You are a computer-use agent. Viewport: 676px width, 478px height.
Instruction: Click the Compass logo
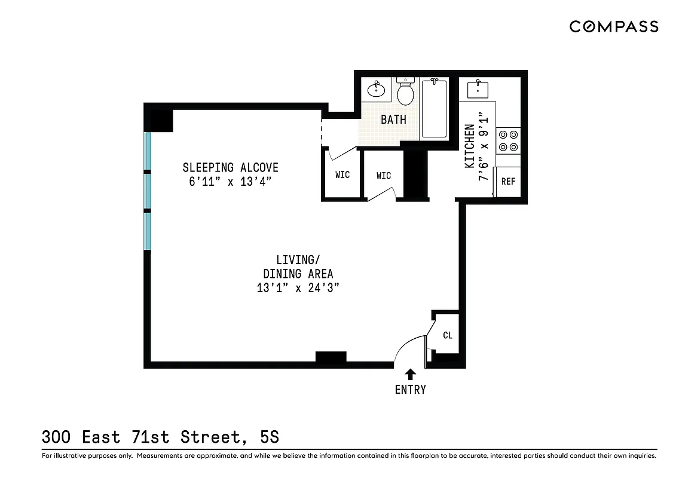(613, 26)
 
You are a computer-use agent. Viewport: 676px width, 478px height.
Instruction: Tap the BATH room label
(393, 119)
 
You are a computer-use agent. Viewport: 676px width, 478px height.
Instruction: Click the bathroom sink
(376, 90)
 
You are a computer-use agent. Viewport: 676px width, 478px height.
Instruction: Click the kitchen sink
(478, 90)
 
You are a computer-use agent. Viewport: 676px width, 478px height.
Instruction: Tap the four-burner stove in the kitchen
(508, 140)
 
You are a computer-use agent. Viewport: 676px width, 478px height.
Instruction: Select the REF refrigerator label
(508, 182)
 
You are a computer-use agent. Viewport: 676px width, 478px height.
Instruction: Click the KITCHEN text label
(470, 146)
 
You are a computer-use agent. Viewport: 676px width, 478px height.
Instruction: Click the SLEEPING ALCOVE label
(230, 167)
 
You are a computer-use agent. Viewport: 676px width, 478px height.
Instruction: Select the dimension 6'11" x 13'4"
(230, 182)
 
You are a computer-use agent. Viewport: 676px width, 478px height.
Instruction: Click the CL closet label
(448, 335)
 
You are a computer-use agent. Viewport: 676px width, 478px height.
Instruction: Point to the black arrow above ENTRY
(411, 375)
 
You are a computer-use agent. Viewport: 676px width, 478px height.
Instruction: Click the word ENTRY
(411, 390)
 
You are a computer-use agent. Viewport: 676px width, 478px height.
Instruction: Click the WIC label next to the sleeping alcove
(342, 175)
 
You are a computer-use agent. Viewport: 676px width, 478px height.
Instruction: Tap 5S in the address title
(270, 437)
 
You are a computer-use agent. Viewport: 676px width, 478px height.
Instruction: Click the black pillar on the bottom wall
(331, 357)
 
